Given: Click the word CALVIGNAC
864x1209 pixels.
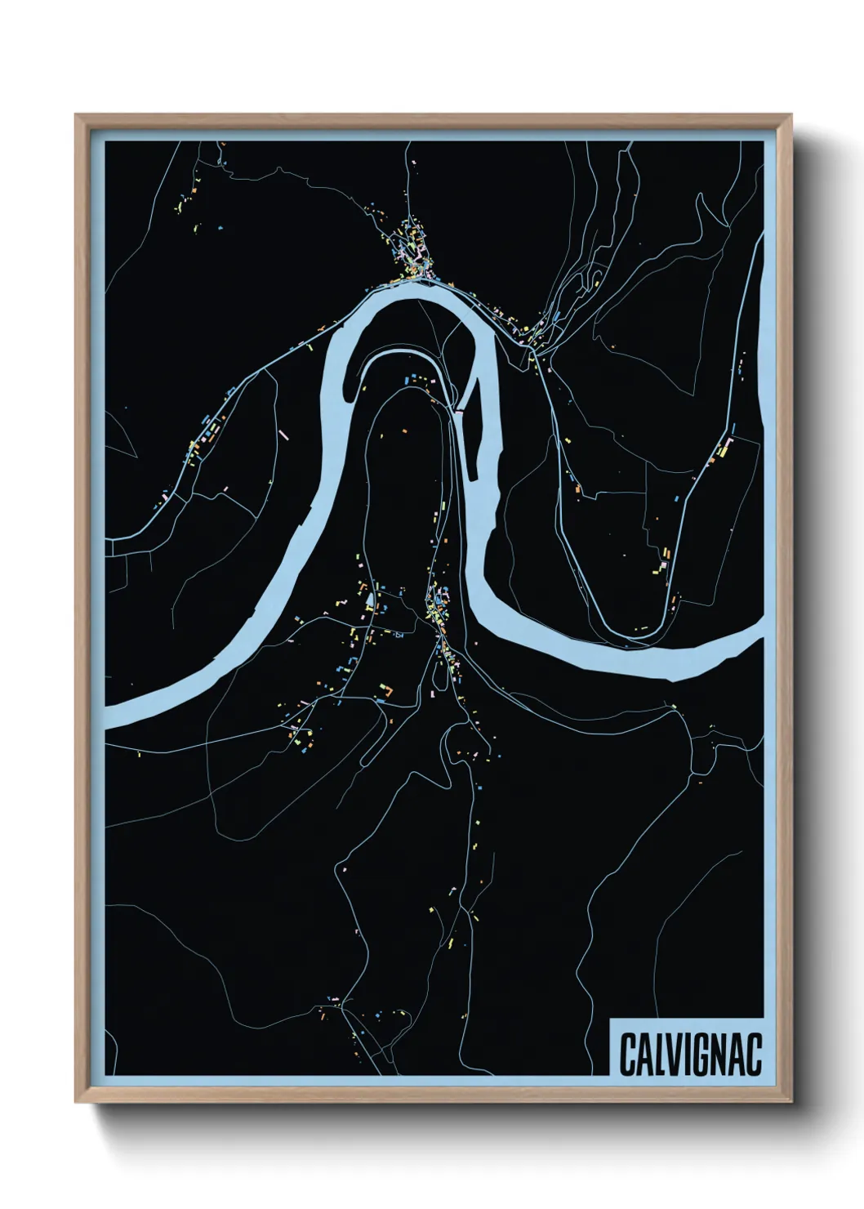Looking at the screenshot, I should [x=690, y=1055].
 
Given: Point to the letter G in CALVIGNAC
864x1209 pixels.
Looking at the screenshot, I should [x=700, y=1055].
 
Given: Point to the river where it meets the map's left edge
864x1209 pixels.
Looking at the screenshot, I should [x=110, y=715].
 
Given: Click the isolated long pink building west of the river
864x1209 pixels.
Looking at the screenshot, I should [x=285, y=435].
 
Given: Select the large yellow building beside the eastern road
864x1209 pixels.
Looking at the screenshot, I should [x=722, y=448].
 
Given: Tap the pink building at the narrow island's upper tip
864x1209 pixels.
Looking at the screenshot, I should [x=459, y=413].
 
